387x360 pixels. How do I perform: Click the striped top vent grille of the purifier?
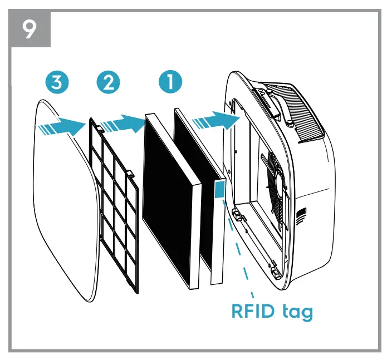tap(304, 111)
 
